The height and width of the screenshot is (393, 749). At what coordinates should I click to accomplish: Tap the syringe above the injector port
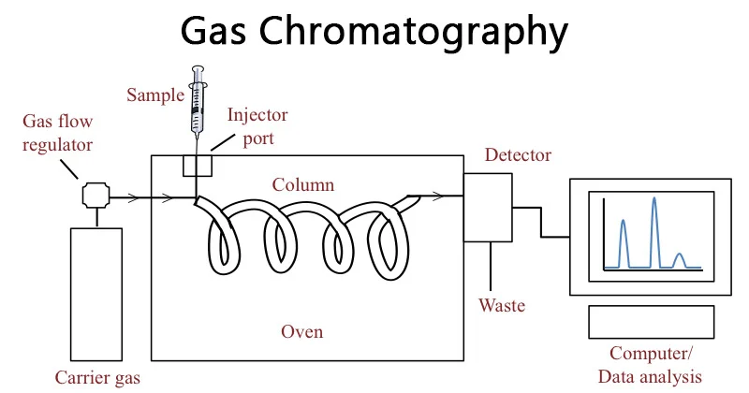(x=197, y=103)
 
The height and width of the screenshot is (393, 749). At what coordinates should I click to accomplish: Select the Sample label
(x=157, y=95)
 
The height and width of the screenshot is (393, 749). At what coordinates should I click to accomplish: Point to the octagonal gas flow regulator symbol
(x=96, y=196)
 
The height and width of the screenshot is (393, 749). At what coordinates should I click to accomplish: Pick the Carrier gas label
(x=96, y=378)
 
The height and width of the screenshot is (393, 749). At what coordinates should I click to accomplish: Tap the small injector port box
(x=197, y=165)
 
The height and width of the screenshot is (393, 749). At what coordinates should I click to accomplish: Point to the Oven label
(x=302, y=332)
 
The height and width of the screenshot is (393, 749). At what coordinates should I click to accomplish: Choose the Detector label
(x=518, y=155)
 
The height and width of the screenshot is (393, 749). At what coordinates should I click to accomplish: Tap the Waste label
(x=502, y=306)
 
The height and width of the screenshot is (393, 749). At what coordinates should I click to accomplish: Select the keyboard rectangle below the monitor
(x=649, y=322)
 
